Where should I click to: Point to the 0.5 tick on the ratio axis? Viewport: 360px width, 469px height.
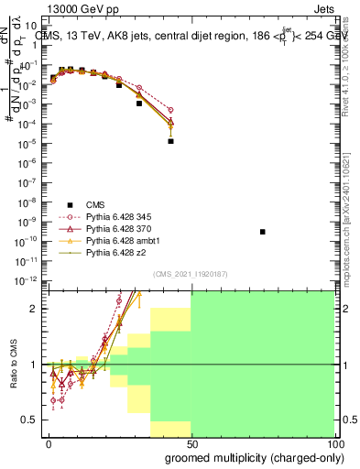[35, 420]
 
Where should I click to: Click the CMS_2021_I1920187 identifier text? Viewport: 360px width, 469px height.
[190, 274]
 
